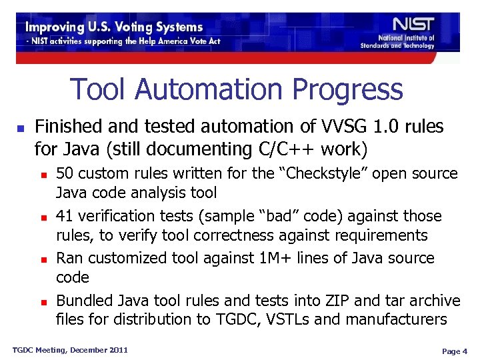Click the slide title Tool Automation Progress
pyautogui.click(x=237, y=89)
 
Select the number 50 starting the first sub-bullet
pyautogui.click(x=65, y=174)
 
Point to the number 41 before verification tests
pyautogui.click(x=65, y=216)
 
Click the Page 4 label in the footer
pyautogui.click(x=454, y=351)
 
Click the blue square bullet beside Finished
pyautogui.click(x=21, y=127)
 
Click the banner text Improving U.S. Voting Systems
pyautogui.click(x=114, y=27)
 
